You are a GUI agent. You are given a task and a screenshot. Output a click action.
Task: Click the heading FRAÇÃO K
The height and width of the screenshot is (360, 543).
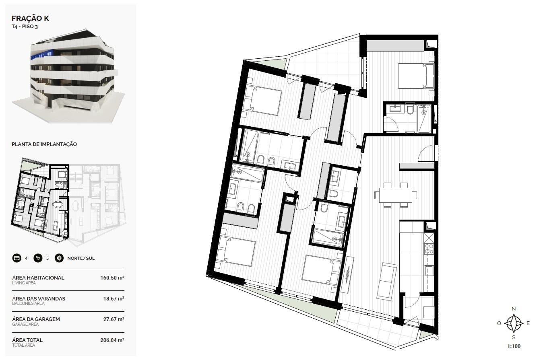click(30, 19)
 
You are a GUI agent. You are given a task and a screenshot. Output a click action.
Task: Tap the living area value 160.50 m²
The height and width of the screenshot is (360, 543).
click(112, 278)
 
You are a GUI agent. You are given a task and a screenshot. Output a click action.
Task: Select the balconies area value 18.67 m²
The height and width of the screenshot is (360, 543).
click(114, 299)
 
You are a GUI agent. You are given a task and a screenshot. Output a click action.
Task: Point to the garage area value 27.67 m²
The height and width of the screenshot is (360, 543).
click(114, 319)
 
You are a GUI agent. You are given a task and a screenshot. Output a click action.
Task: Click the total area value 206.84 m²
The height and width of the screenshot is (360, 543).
click(112, 340)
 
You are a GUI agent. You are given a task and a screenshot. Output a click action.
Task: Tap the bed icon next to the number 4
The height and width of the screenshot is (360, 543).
click(17, 258)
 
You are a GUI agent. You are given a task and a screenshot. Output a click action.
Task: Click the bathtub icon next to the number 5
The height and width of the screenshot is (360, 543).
click(38, 258)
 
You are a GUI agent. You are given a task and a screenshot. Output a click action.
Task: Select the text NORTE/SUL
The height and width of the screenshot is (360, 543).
click(81, 258)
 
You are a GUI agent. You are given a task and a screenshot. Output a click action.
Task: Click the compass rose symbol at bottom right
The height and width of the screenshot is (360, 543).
click(514, 323)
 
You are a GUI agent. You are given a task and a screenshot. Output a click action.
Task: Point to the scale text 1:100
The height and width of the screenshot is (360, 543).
click(514, 346)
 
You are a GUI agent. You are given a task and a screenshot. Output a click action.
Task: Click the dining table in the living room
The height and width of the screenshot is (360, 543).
click(396, 195)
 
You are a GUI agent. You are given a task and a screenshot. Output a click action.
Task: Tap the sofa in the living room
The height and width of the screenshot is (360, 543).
click(387, 282)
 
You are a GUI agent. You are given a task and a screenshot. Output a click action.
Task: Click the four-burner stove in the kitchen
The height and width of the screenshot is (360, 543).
click(429, 249)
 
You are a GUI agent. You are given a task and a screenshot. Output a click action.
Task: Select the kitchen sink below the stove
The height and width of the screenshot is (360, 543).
click(429, 270)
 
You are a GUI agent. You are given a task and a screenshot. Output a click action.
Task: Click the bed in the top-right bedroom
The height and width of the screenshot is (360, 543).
click(416, 76)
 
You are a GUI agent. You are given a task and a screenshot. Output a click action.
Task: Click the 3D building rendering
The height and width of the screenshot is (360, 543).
click(68, 76)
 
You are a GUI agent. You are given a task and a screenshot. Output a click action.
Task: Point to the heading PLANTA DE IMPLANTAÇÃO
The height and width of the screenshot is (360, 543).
click(44, 144)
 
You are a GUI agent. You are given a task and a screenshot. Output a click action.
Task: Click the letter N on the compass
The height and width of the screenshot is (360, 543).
click(514, 309)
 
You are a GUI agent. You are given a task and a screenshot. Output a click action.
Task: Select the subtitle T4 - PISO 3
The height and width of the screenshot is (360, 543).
click(25, 27)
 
